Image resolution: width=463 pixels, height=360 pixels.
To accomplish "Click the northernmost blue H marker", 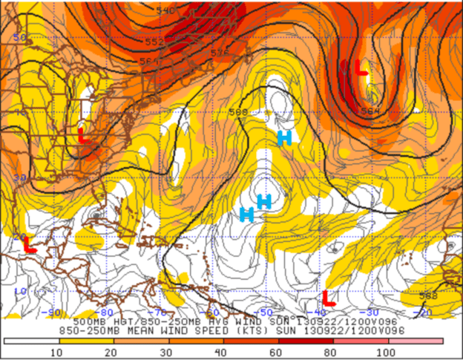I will (284, 137).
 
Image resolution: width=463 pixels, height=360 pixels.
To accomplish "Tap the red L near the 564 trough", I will (361, 68).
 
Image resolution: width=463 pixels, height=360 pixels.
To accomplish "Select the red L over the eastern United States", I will (83, 135).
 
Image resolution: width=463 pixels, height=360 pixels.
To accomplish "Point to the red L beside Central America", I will (29, 244).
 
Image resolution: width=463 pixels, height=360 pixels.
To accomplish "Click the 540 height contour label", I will (166, 11).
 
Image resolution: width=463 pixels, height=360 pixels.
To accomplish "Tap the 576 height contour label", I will (220, 53).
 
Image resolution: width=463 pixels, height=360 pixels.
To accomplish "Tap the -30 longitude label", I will (370, 312).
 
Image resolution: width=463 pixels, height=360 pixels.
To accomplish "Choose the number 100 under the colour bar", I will (386, 351).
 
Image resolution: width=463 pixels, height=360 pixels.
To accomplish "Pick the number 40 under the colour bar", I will (220, 351).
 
